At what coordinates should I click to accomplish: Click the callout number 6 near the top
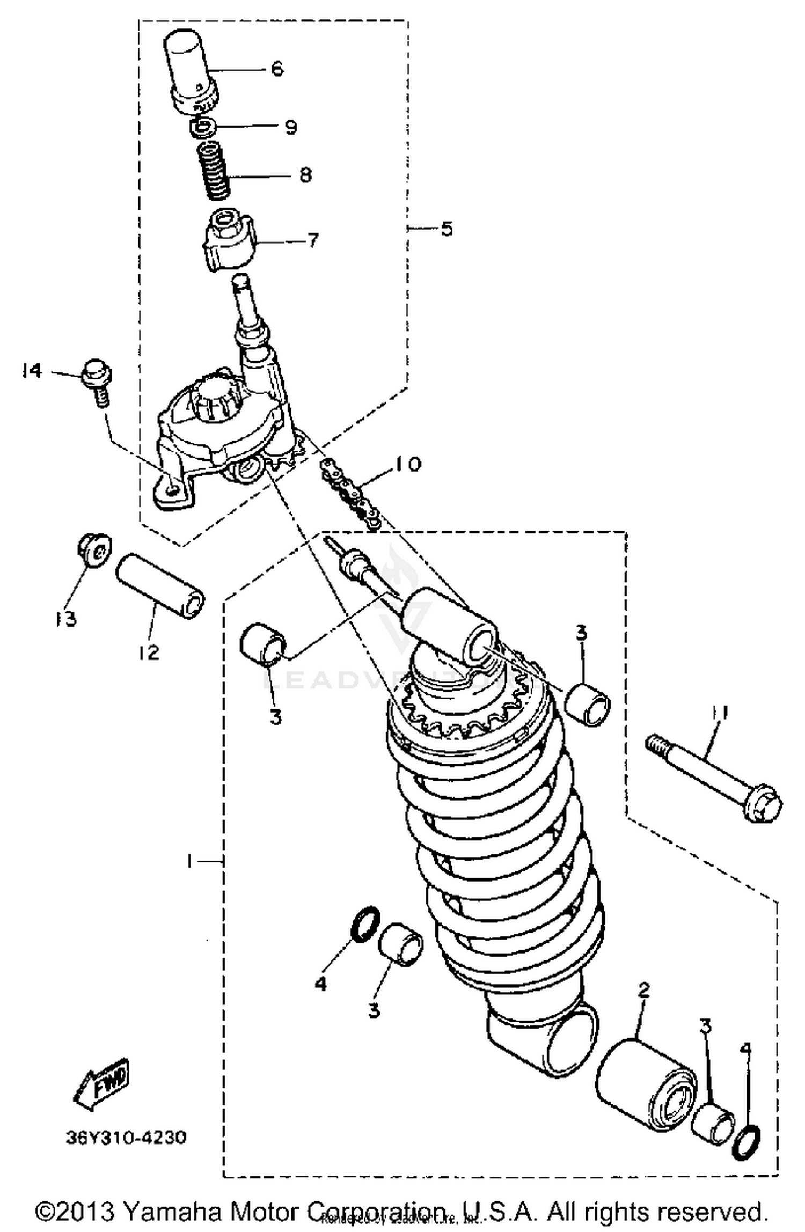pyautogui.click(x=276, y=69)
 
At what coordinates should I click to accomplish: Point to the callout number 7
pyautogui.click(x=312, y=239)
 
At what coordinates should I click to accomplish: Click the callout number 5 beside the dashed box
pyautogui.click(x=446, y=229)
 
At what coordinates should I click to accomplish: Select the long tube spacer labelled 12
pyautogui.click(x=160, y=587)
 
